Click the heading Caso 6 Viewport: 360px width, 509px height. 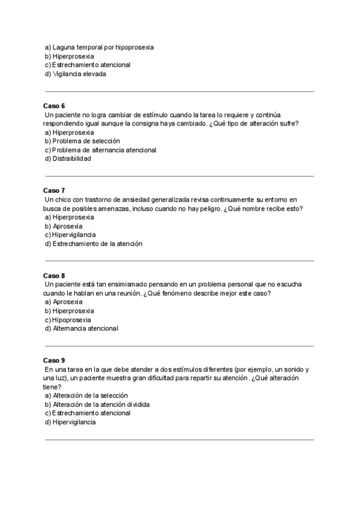(54, 106)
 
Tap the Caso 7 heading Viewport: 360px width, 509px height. (54, 190)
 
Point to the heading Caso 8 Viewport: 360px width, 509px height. (54, 276)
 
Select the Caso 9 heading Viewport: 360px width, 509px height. (54, 360)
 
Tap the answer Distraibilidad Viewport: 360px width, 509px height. (71, 159)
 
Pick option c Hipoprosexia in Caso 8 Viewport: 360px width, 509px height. (73, 320)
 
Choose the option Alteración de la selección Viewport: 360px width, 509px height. (91, 396)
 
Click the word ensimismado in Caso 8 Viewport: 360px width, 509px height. (127, 284)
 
